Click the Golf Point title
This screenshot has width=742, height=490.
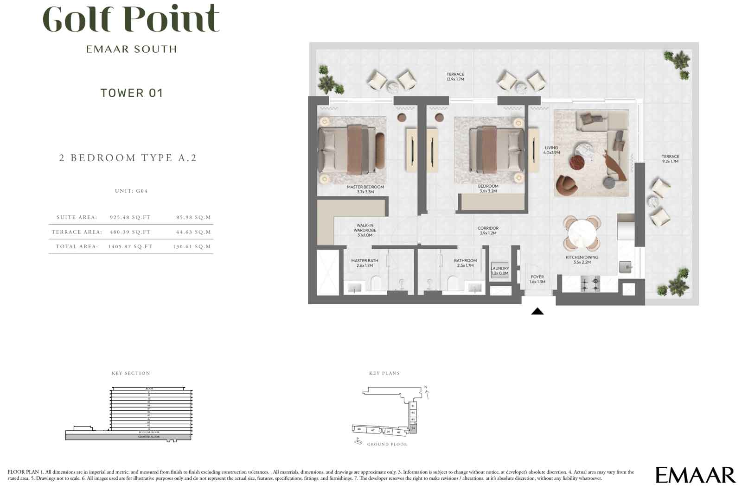131,19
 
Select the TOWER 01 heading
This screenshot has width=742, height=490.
132,93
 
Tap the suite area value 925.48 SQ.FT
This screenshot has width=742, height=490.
130,217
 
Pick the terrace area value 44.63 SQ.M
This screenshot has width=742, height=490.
194,232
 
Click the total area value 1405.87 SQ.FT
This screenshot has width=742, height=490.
130,247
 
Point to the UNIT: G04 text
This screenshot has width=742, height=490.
131,191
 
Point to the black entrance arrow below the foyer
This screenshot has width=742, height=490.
537,311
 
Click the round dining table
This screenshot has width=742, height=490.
581,232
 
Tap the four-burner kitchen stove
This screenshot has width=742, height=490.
590,283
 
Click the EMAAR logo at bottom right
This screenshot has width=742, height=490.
695,475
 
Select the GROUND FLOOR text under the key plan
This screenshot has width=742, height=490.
387,444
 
